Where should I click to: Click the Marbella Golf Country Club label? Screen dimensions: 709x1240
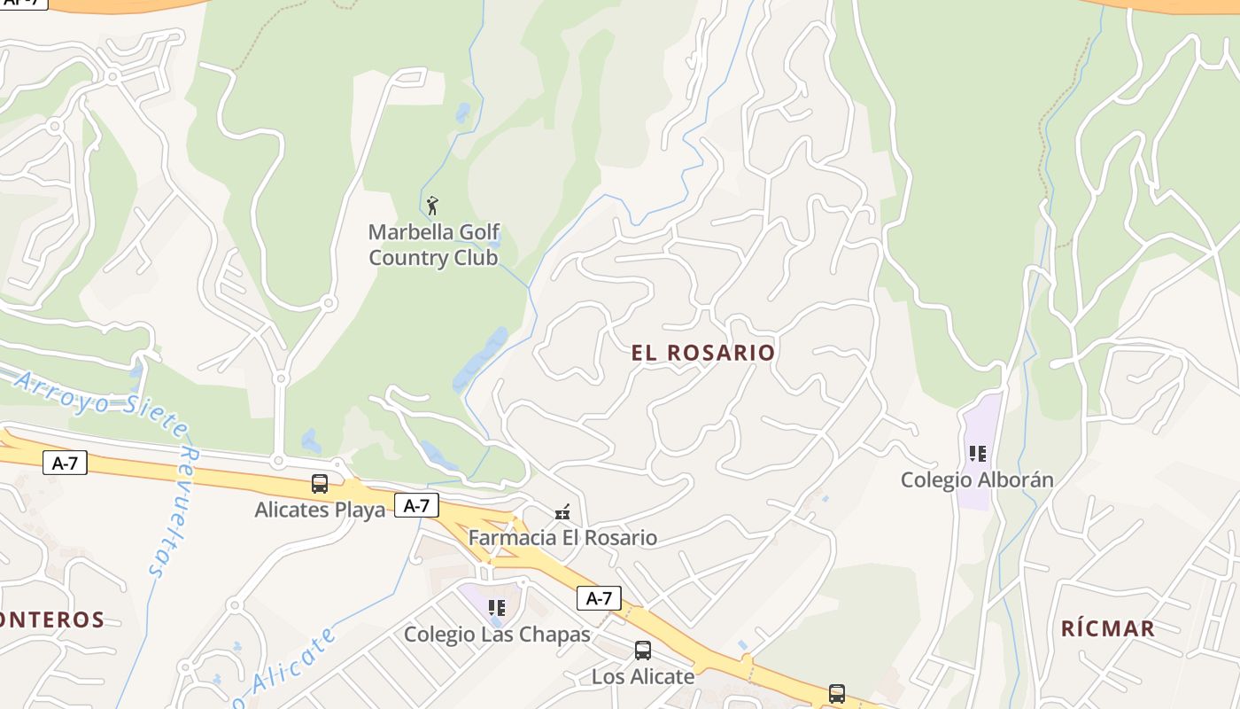click(x=433, y=245)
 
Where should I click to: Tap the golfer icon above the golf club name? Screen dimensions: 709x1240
click(x=432, y=206)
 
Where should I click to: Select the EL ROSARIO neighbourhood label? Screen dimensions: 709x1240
click(x=703, y=353)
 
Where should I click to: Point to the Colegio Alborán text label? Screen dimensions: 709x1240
click(x=977, y=480)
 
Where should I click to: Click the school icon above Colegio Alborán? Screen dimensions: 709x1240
click(x=978, y=454)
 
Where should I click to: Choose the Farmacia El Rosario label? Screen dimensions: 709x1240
click(x=562, y=538)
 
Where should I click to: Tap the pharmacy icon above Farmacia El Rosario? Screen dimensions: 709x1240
click(x=562, y=511)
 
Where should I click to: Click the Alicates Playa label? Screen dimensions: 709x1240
click(x=320, y=510)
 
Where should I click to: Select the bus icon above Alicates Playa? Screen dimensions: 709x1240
click(x=320, y=484)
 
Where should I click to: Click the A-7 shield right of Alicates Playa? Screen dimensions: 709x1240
click(x=416, y=505)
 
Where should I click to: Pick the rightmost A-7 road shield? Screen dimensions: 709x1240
click(x=599, y=598)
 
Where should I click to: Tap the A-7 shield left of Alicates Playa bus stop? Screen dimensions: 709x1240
click(x=66, y=462)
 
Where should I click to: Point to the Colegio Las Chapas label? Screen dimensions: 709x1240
click(x=497, y=635)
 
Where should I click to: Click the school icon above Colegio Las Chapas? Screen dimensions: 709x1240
click(x=497, y=608)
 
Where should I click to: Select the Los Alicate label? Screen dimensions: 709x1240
click(x=643, y=677)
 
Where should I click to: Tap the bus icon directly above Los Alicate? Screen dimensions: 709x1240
click(x=643, y=651)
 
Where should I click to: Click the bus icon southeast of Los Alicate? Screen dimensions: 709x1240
click(x=836, y=693)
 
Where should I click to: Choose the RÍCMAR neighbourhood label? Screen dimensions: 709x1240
click(x=1108, y=629)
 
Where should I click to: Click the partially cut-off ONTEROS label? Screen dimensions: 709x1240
click(x=51, y=619)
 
